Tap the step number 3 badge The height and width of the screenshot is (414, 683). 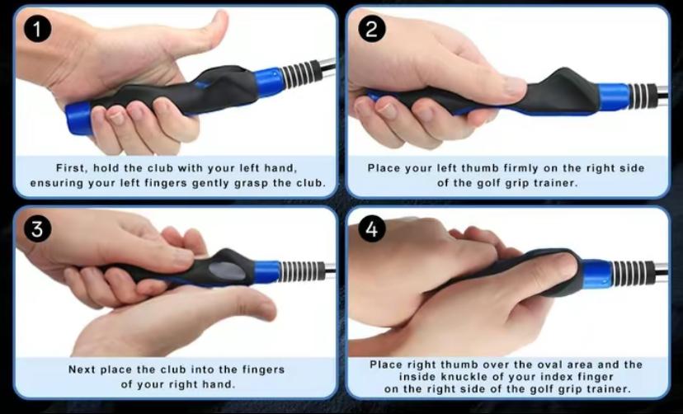(x=37, y=229)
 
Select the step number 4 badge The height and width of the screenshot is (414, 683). (x=372, y=229)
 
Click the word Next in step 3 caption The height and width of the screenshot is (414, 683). (x=82, y=369)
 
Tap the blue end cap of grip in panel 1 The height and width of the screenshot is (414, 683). (x=78, y=120)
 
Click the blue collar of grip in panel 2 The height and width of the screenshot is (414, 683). (x=614, y=96)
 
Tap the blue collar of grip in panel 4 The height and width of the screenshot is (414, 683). (x=596, y=275)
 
